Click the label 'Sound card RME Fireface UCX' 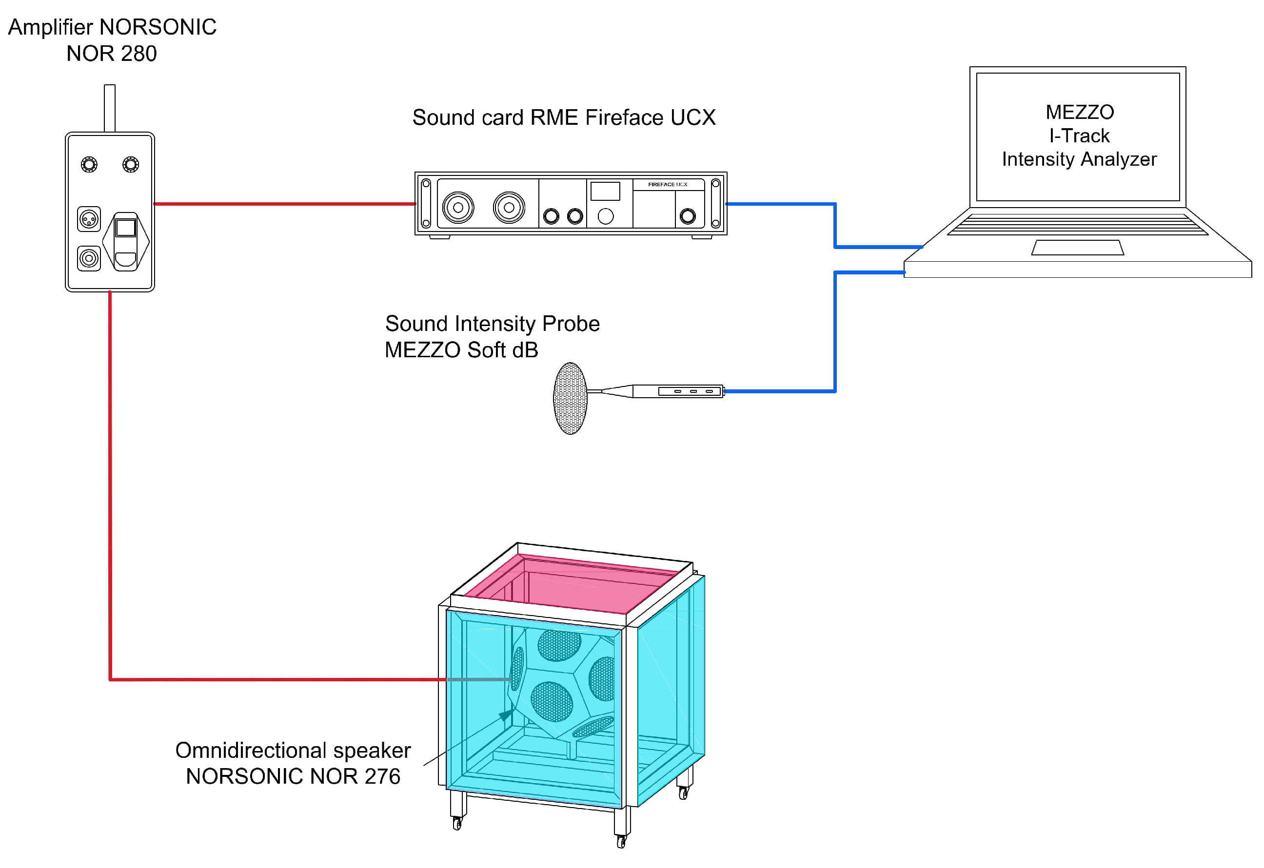pyautogui.click(x=564, y=117)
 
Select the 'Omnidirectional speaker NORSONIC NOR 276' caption pyautogui.click(x=293, y=763)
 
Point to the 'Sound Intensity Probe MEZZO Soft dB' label pyautogui.click(x=492, y=337)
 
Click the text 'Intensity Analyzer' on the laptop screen pyautogui.click(x=1079, y=159)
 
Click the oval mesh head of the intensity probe pyautogui.click(x=570, y=398)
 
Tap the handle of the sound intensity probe pyautogui.click(x=678, y=391)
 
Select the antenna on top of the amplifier pyautogui.click(x=109, y=108)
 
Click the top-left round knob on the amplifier pyautogui.click(x=89, y=164)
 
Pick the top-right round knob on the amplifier pyautogui.click(x=131, y=164)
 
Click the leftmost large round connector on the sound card pyautogui.click(x=458, y=207)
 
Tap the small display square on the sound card pyautogui.click(x=605, y=192)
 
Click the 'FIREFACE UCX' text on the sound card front pyautogui.click(x=668, y=184)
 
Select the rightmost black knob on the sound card pyautogui.click(x=688, y=216)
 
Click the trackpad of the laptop pyautogui.click(x=1077, y=248)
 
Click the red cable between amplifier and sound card pyautogui.click(x=285, y=204)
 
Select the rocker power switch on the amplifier pyautogui.click(x=126, y=241)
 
